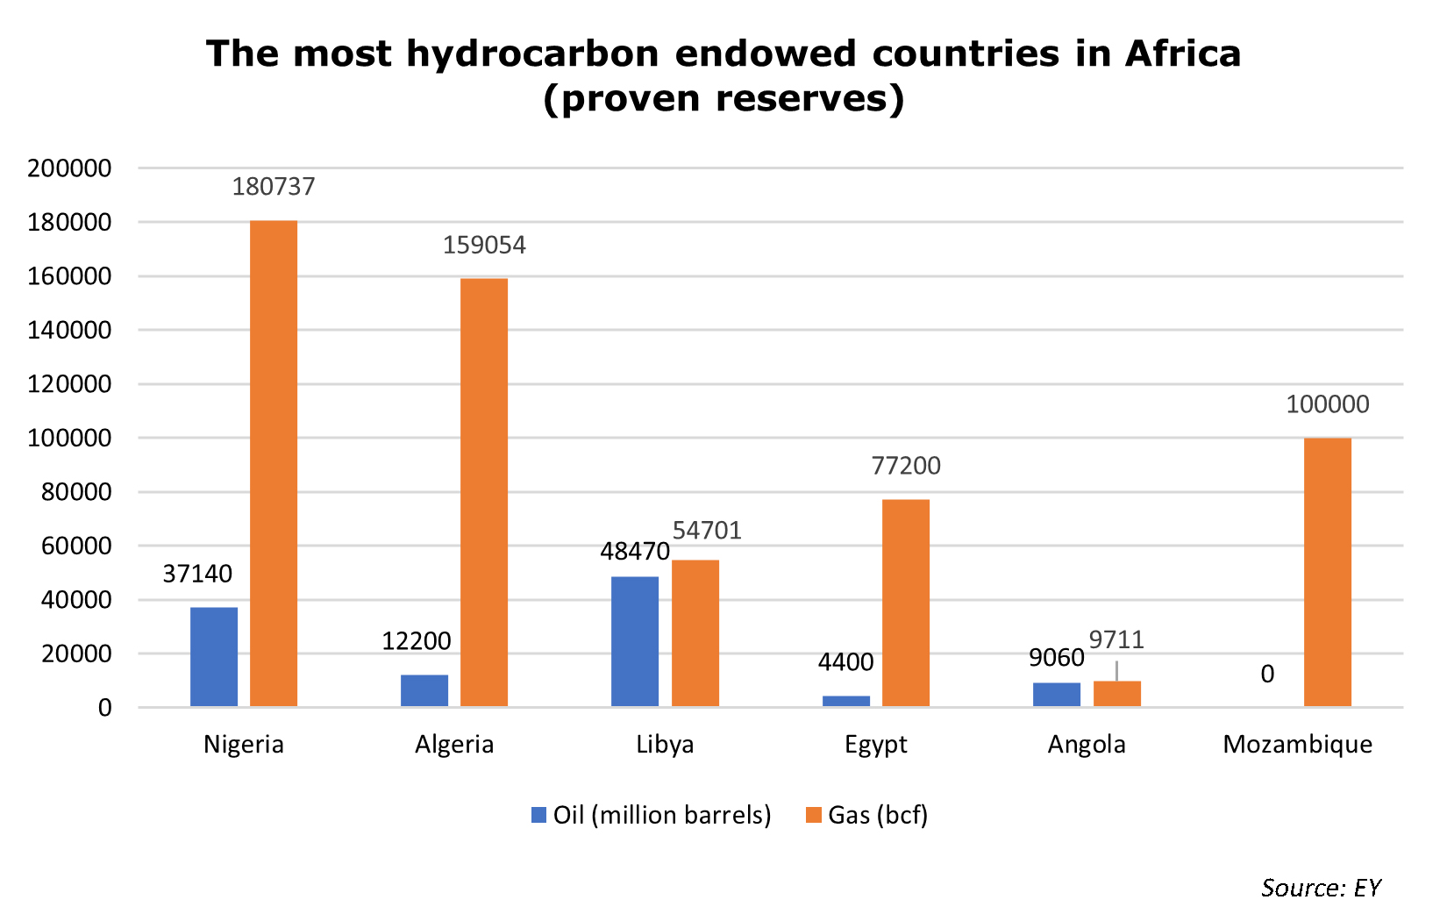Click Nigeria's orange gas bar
(x=274, y=463)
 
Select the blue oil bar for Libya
(x=635, y=641)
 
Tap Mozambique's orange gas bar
(x=1328, y=572)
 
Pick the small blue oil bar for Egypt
(x=846, y=701)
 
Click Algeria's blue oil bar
(x=424, y=690)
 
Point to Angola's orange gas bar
(x=1117, y=694)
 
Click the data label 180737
(x=274, y=187)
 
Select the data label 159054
(x=484, y=246)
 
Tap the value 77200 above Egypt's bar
(x=906, y=466)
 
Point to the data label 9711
(x=1117, y=640)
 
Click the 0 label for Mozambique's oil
(x=1267, y=675)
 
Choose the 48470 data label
(x=635, y=552)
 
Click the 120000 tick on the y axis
(x=69, y=384)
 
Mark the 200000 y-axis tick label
(x=69, y=168)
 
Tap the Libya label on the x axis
(x=665, y=745)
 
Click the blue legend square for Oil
(x=538, y=815)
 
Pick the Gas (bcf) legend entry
(x=866, y=816)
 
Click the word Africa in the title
(x=1183, y=53)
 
